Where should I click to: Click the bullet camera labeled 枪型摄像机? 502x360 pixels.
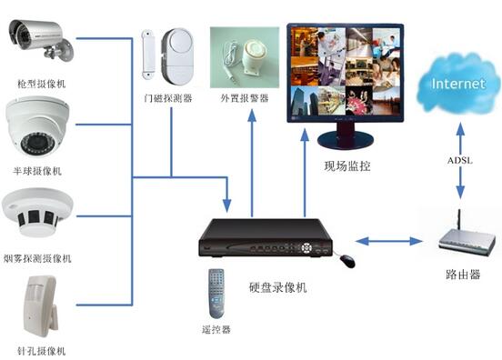pos(36,33)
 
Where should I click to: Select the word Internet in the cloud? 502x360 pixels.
pos(459,84)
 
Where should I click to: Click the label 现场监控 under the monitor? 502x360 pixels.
pos(347,165)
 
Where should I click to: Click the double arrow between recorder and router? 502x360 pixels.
pos(386,241)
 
